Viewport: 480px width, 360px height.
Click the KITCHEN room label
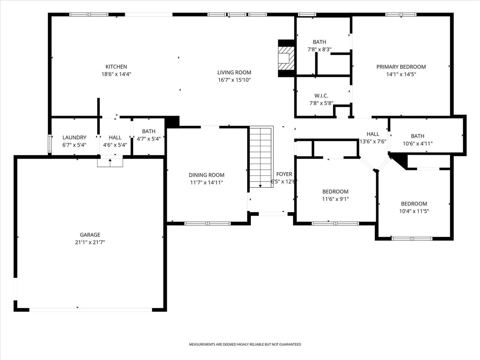coord(116,67)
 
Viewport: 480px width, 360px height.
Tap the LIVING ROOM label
coord(234,72)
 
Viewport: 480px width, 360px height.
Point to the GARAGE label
coord(90,235)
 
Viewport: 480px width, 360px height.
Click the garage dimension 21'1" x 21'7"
coord(90,242)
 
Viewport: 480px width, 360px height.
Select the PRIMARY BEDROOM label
coord(401,67)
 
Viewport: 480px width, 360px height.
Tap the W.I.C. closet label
coord(321,96)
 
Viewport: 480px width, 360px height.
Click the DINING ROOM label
coord(207,175)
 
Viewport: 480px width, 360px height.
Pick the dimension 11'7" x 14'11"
coord(207,183)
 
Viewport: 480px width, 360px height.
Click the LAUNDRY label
coord(74,137)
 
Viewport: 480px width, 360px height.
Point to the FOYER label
coord(284,174)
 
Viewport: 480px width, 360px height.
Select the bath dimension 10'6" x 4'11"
coord(417,144)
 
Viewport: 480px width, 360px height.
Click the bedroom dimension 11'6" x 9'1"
coord(335,199)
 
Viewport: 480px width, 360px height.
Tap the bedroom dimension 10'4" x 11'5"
coord(414,211)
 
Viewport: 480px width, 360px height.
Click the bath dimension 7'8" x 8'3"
coord(319,49)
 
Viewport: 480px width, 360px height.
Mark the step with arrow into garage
coord(110,162)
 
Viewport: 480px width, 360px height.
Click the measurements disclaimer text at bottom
coord(245,344)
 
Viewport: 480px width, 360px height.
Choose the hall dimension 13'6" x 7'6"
coord(373,142)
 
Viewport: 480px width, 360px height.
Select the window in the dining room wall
coord(207,223)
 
